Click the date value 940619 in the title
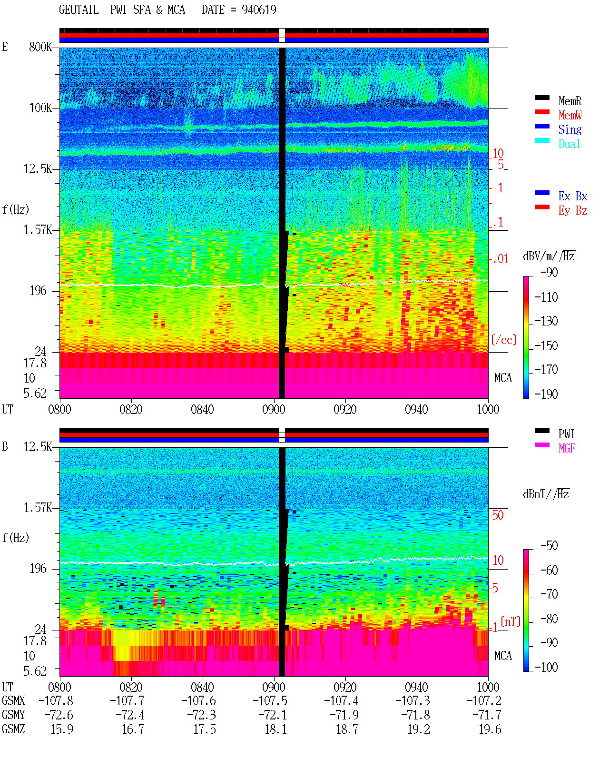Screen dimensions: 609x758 click(259, 10)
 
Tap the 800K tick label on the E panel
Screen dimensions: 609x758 click(40, 47)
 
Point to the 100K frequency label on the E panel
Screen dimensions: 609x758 click(40, 108)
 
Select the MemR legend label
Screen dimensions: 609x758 click(570, 101)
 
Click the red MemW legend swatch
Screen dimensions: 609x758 click(542, 112)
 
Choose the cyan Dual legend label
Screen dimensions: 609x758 click(569, 144)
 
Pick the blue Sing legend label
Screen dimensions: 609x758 click(570, 129)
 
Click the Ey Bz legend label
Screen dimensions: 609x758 click(573, 211)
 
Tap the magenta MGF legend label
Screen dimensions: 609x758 click(567, 448)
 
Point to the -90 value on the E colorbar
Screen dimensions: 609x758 click(549, 273)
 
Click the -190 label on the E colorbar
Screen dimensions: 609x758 click(546, 394)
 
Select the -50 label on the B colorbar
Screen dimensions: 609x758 click(549, 546)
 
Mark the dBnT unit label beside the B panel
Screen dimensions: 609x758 click(546, 494)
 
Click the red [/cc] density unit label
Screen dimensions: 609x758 click(504, 340)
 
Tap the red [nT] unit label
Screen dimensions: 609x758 click(511, 621)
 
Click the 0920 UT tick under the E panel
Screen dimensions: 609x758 click(345, 410)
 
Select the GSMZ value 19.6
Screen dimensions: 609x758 click(490, 729)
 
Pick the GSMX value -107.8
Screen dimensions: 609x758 click(56, 701)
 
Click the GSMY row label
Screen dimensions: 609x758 click(13, 715)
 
